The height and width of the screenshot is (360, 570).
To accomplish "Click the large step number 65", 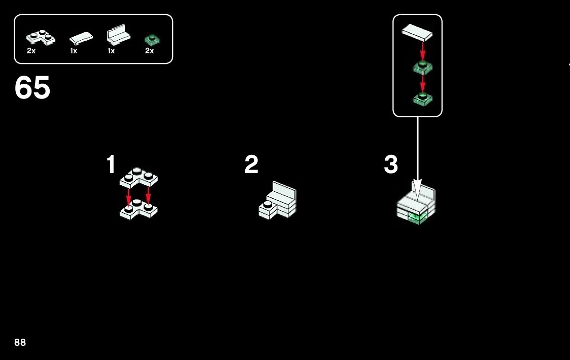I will [x=32, y=88].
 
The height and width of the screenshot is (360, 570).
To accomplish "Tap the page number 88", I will [x=20, y=343].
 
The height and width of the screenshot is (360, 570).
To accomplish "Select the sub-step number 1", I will [x=111, y=165].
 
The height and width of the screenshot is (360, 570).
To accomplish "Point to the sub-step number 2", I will [x=251, y=165].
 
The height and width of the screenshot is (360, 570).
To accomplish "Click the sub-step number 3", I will [x=391, y=165].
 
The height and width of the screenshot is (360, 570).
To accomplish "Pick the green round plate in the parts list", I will [x=151, y=39].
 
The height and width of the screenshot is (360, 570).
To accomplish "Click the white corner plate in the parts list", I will [x=41, y=37].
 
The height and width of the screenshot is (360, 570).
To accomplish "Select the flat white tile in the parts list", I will [x=81, y=38].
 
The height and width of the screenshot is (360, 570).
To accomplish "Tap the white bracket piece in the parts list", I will [x=118, y=36].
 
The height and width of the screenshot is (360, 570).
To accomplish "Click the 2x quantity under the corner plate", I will [x=31, y=51].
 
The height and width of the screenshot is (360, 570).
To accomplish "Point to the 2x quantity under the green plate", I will [x=149, y=51].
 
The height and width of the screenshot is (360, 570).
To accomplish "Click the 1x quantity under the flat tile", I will [x=74, y=51].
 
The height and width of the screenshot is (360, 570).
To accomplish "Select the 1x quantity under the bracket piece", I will [x=111, y=51].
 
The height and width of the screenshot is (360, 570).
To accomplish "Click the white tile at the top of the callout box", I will [x=417, y=32].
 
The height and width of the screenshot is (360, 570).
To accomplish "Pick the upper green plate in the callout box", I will [x=422, y=67].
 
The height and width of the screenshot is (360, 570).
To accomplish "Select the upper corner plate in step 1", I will [x=139, y=177].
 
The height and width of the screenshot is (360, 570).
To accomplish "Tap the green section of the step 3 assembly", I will [x=417, y=217].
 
